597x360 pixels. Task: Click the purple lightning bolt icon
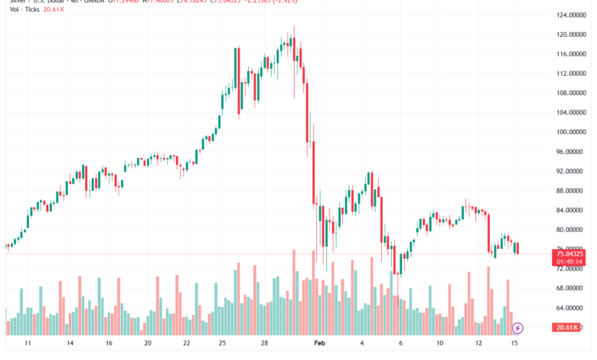tap(517, 328)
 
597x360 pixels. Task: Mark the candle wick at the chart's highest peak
tap(294, 29)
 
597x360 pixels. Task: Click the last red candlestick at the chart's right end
tap(517, 248)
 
